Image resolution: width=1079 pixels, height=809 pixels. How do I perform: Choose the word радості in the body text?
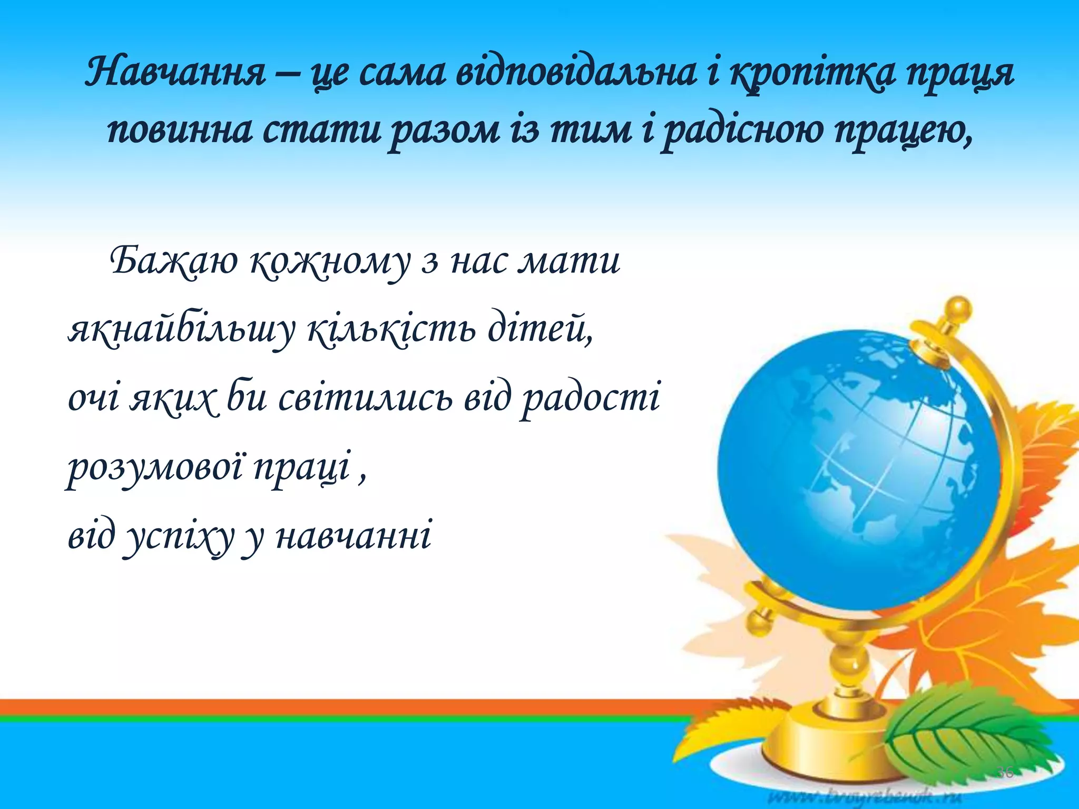tap(590, 399)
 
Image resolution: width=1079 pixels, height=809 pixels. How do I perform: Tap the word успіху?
tap(180, 537)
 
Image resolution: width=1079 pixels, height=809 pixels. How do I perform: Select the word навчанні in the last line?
tap(354, 536)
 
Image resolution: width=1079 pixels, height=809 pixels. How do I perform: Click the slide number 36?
tap(1004, 773)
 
